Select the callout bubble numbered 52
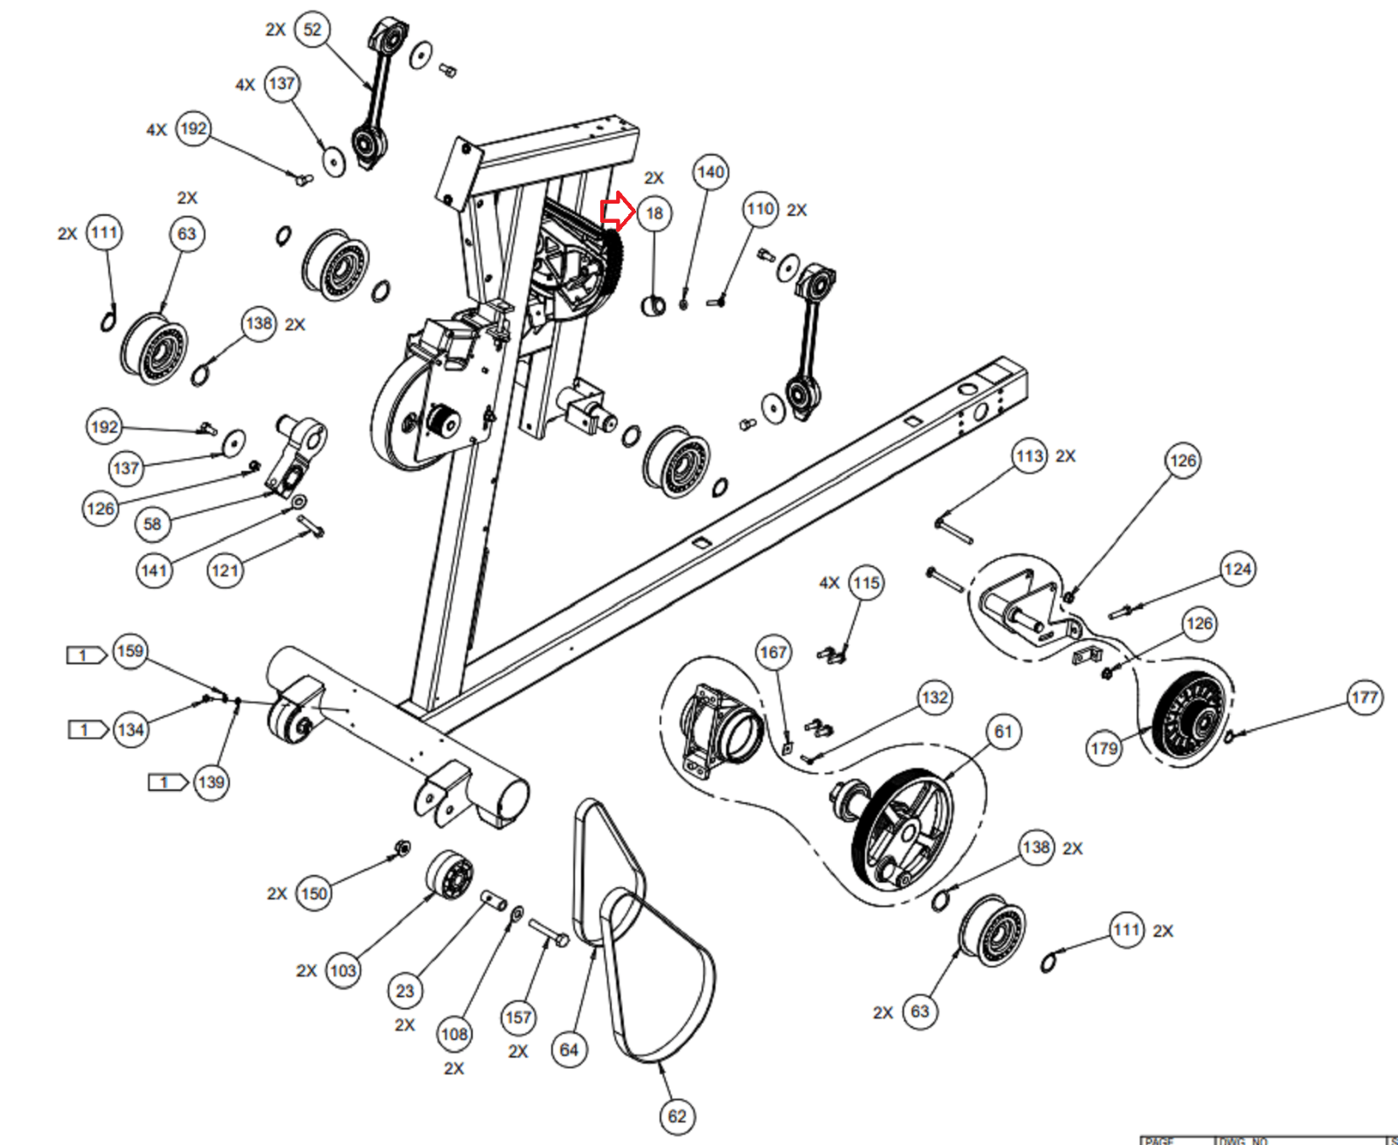(312, 30)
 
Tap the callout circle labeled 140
(710, 172)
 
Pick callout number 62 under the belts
(677, 1116)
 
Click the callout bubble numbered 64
(569, 1050)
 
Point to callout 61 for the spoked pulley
(1003, 732)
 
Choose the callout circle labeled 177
(1364, 697)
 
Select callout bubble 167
(773, 652)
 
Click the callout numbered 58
(153, 524)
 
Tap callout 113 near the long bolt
(1030, 456)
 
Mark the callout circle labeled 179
(1104, 748)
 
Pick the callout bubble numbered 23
(405, 991)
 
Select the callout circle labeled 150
(314, 893)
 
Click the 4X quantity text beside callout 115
(829, 583)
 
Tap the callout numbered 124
(1237, 570)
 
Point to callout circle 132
(934, 697)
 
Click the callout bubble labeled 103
(343, 970)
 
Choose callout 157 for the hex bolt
(518, 1017)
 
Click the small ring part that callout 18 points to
(654, 306)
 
